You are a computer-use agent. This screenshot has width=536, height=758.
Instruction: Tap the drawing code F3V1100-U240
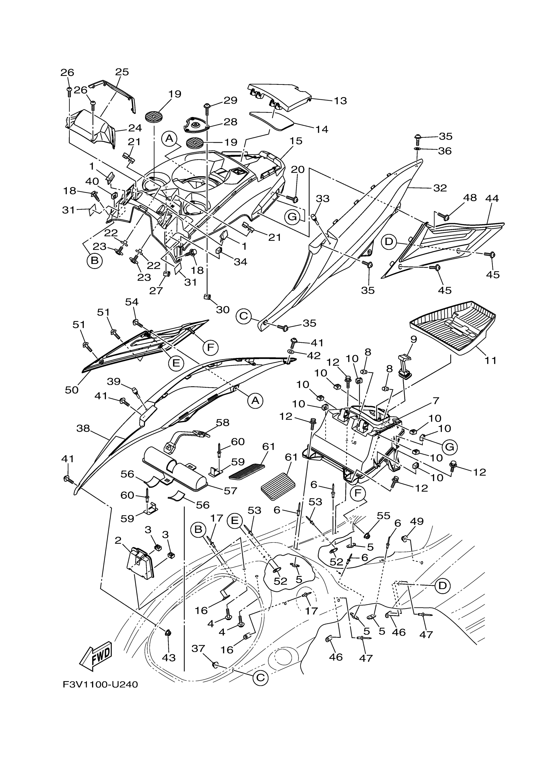tap(100, 685)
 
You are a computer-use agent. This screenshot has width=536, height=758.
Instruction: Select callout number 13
tap(340, 100)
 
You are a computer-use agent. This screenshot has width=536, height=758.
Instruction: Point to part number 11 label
tap(491, 360)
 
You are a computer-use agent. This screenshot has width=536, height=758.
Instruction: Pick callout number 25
tap(122, 72)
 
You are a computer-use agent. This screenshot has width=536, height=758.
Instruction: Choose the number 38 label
tap(83, 428)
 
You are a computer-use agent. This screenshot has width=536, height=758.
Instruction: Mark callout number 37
tap(198, 649)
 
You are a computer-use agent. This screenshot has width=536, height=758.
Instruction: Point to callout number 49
tap(417, 521)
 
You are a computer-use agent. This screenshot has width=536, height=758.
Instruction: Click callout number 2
tap(118, 540)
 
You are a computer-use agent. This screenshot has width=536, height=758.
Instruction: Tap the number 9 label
tap(414, 339)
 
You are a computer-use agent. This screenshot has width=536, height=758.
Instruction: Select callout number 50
tap(72, 390)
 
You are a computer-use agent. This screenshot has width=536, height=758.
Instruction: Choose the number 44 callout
tap(492, 198)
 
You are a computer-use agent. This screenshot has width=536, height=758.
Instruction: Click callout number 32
tap(440, 188)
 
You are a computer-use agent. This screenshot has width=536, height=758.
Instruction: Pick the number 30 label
tap(223, 309)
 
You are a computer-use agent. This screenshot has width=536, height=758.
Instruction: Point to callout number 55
tap(383, 515)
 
